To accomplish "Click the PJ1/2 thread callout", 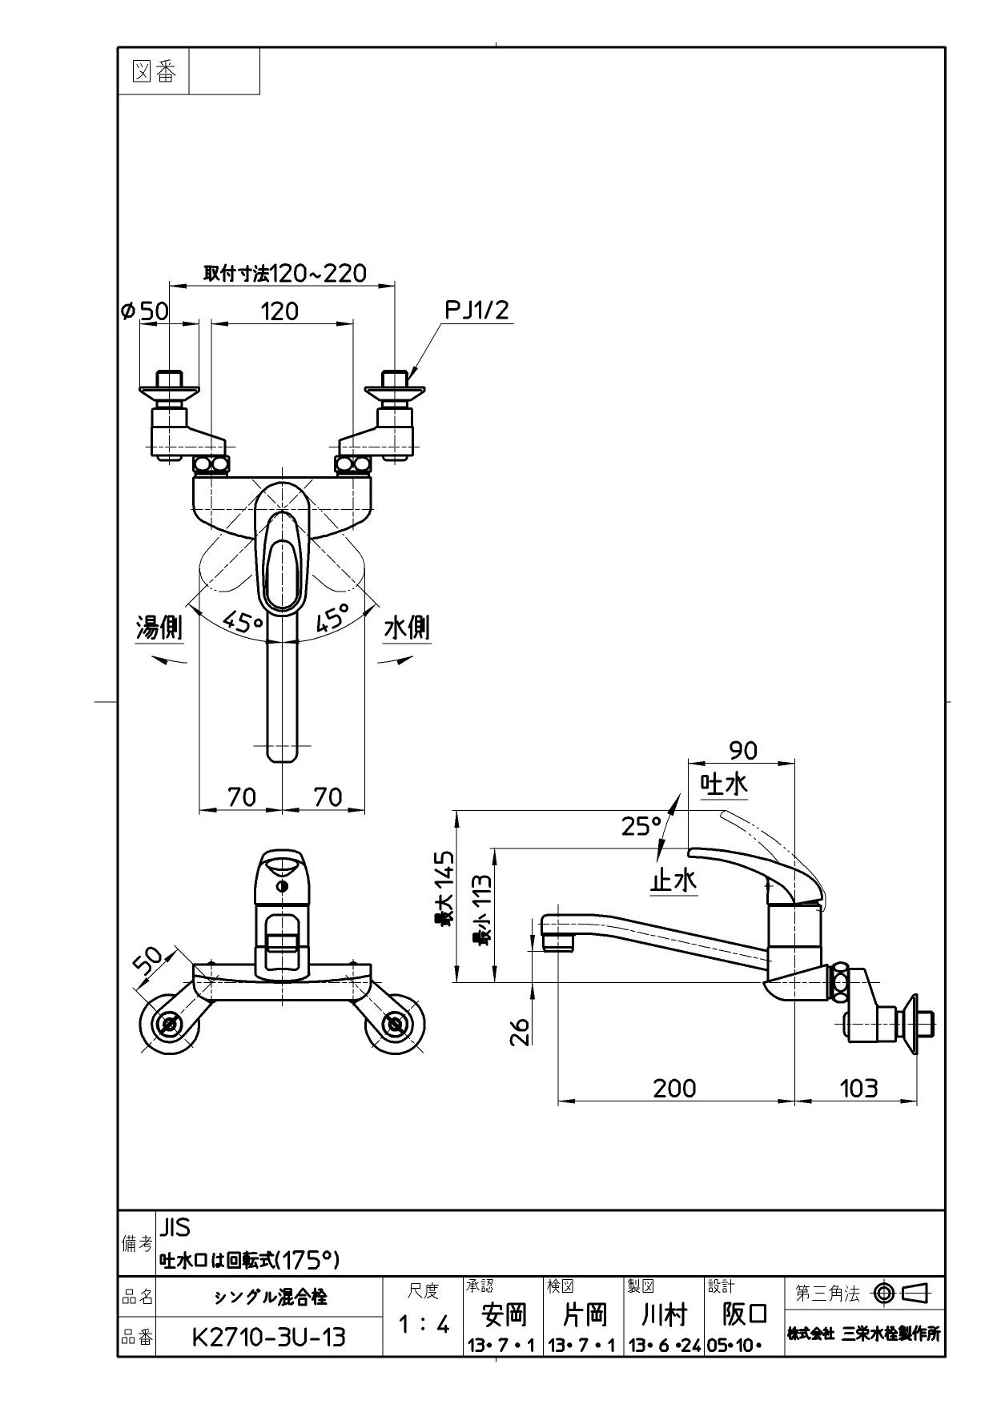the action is click(x=477, y=310).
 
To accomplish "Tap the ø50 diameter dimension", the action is click(x=145, y=311).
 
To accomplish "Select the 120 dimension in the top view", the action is click(x=279, y=311).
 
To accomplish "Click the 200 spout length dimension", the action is click(x=674, y=1088).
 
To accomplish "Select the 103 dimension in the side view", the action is click(x=858, y=1088).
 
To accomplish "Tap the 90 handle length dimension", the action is click(x=742, y=750).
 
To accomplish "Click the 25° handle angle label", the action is click(x=641, y=826).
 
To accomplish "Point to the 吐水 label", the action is click(x=725, y=784).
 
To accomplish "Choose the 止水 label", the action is click(x=673, y=881).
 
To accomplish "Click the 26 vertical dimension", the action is click(x=520, y=1031).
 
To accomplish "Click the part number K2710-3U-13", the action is click(x=269, y=1336).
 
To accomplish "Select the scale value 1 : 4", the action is click(x=424, y=1324).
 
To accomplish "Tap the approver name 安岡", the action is click(x=504, y=1314).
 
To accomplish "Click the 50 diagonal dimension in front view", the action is click(x=148, y=961).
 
